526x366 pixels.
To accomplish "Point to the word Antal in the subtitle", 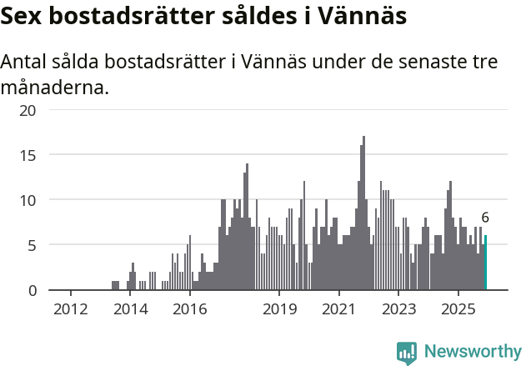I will point(25,63).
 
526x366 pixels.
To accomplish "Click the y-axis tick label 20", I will point(28,110).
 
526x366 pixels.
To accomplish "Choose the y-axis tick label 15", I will point(28,155).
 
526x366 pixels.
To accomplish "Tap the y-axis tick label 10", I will point(28,200).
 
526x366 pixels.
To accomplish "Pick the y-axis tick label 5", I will point(33,245).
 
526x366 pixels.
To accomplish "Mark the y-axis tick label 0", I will point(33,290).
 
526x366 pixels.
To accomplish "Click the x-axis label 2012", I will point(71,309).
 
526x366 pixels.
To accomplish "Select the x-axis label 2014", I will point(130,309).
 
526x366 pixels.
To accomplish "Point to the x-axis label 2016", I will point(189,309).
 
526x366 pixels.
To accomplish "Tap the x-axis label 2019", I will point(279,309).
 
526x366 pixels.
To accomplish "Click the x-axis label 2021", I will point(339,309).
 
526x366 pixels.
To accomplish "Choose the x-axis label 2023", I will point(398,309).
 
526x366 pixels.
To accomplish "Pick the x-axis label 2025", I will point(458,309).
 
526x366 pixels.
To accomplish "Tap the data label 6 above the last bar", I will point(485,218).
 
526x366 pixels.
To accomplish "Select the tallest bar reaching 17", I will point(363,213).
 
